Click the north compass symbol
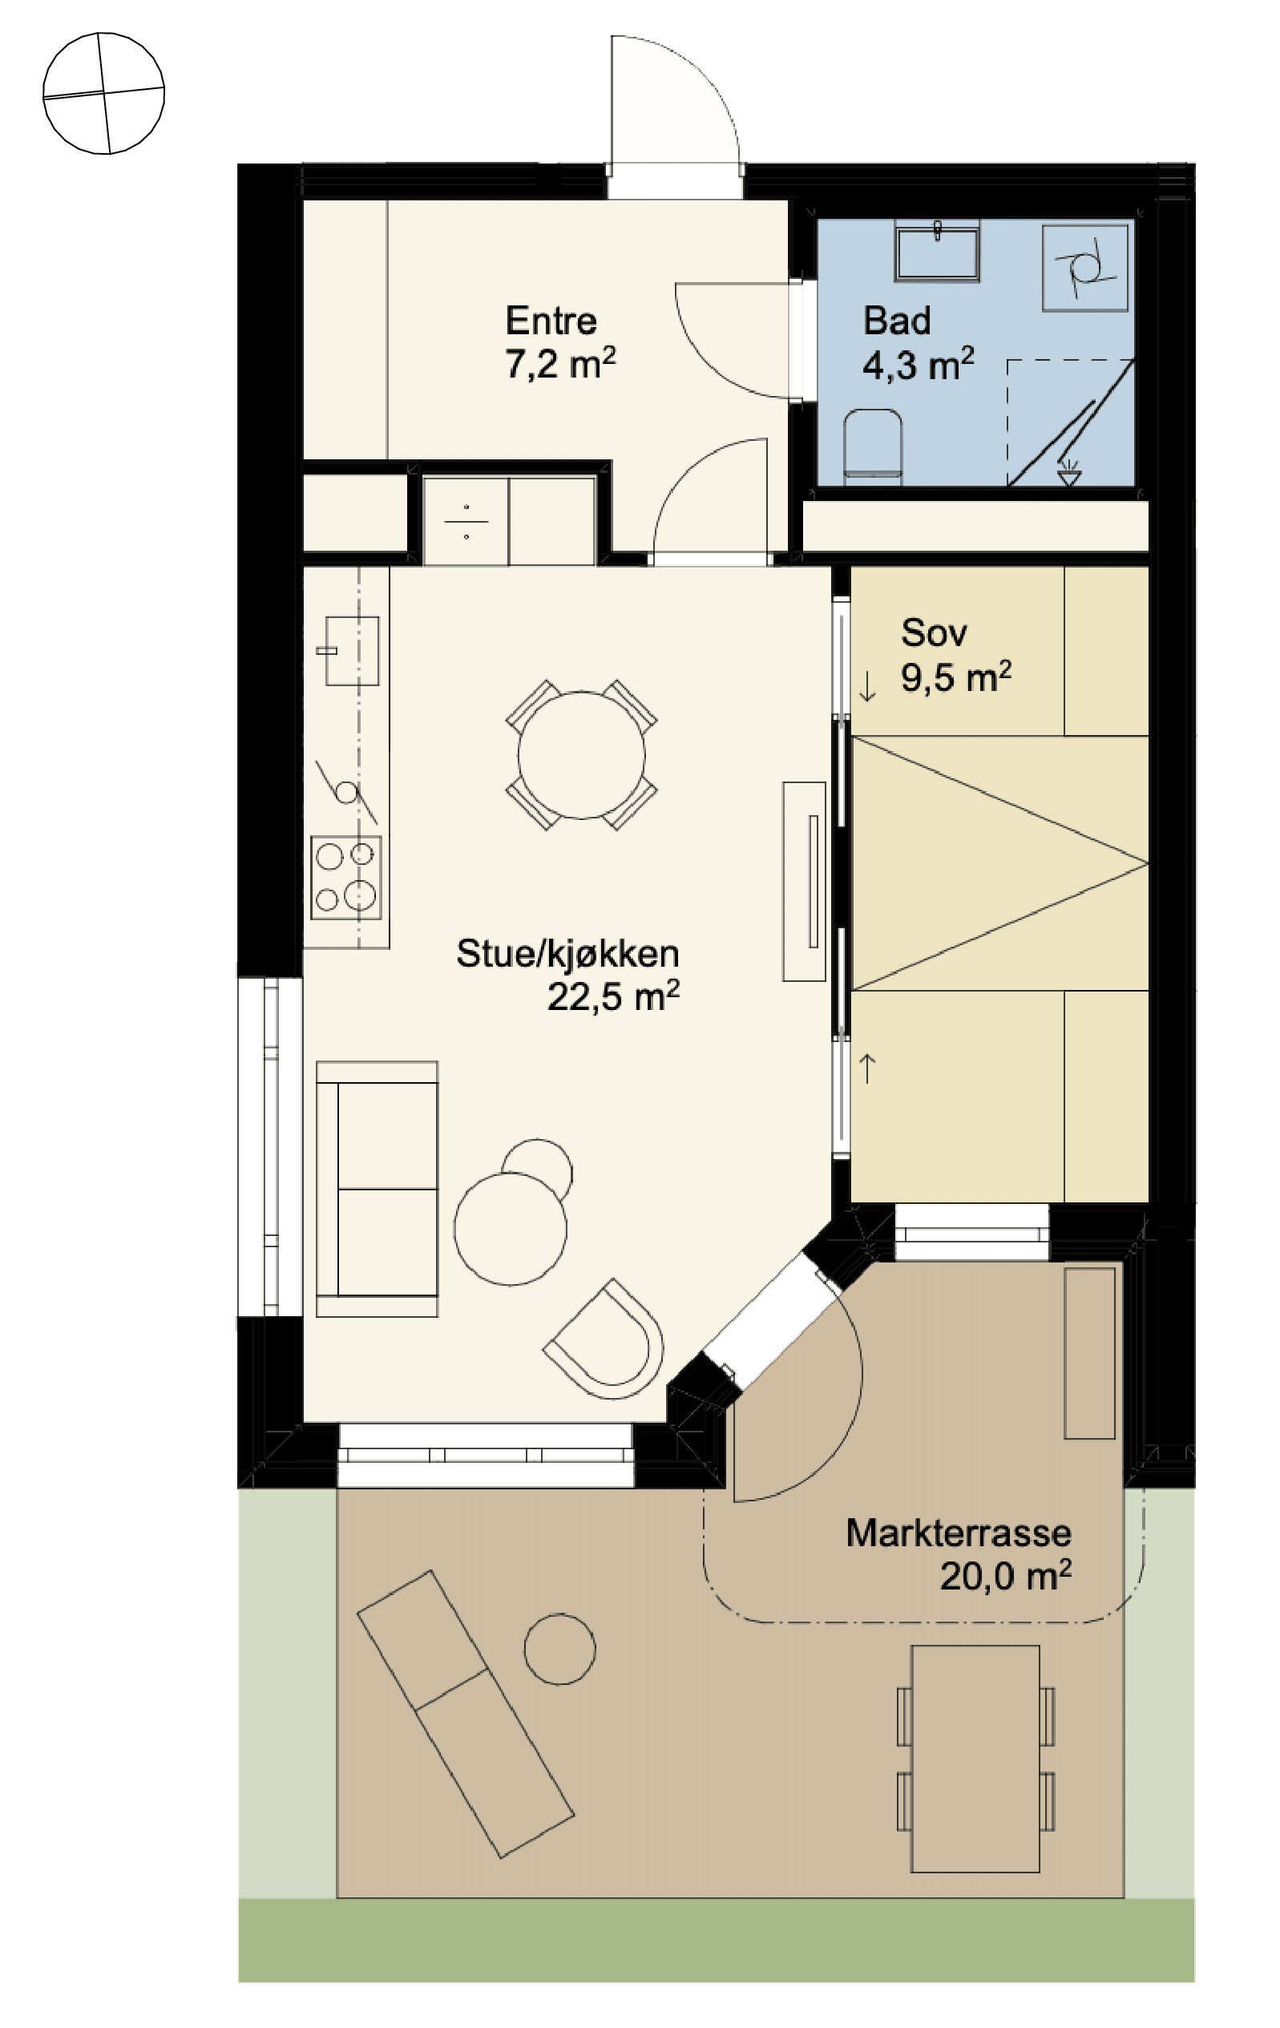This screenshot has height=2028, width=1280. pos(103,94)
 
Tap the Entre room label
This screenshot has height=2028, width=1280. pos(551,321)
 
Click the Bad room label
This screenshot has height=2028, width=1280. pos(898,321)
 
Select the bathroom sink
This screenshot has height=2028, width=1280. pos(937,251)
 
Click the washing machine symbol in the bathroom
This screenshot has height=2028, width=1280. pos(1084,268)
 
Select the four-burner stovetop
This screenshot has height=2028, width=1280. pos(346,878)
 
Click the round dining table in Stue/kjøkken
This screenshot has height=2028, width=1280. pos(581,754)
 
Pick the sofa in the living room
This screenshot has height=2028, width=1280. pos(378,1188)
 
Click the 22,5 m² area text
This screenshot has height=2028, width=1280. pos(613,996)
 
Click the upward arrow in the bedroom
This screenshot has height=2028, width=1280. pos(867,1068)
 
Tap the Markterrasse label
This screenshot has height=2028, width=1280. pos(959,1533)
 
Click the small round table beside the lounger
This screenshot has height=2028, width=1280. pos(560,1649)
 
